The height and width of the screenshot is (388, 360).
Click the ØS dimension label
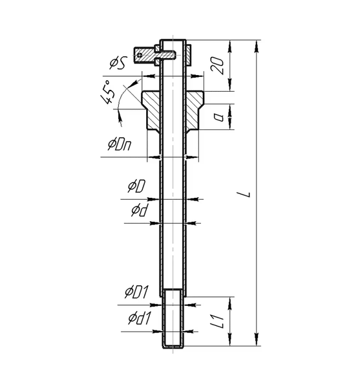coord(118,63)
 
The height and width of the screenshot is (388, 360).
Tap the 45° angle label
coord(107,92)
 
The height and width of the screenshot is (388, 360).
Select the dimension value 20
coord(218,65)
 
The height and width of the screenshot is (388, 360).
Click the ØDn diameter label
coord(120,144)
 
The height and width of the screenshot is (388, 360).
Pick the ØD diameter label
coord(136,186)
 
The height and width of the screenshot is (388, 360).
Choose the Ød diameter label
coord(139,210)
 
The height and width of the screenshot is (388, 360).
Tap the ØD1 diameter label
coord(136,292)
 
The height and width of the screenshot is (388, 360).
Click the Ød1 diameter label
coord(139,318)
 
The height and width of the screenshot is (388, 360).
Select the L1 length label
coord(220,321)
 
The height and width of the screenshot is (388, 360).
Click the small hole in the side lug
coord(140,55)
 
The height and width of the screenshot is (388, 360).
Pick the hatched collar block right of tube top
coord(189,55)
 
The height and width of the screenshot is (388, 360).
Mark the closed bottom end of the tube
coord(173,346)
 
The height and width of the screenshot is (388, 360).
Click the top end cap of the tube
coord(173,40)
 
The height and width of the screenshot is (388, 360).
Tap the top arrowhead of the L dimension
coord(257,47)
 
